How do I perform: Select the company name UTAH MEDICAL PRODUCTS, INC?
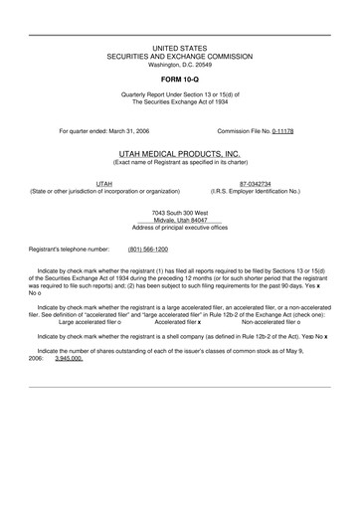tap(180, 155)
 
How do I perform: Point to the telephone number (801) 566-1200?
tap(148, 250)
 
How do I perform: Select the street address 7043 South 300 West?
tap(180, 213)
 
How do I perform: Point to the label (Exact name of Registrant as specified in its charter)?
tap(180, 164)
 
